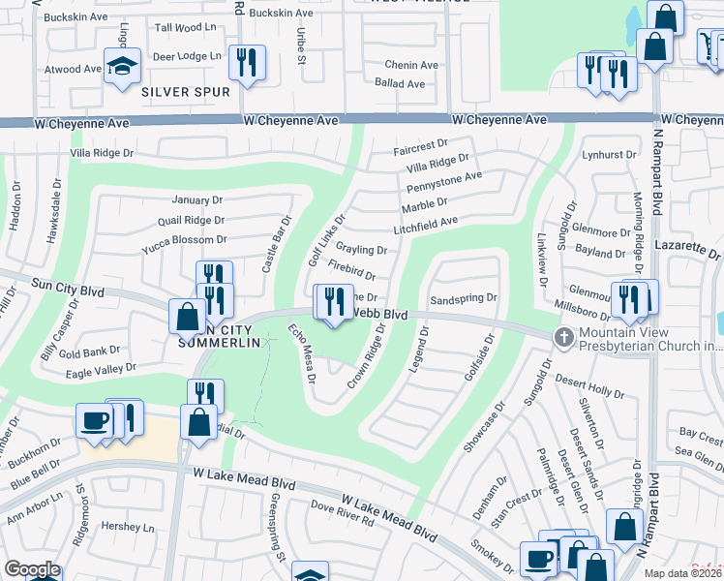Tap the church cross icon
(x=562, y=338)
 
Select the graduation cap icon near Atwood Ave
(x=123, y=66)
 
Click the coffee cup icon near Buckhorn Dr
(x=95, y=420)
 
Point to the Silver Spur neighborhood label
(x=185, y=92)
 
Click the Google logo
(x=31, y=569)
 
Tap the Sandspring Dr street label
(x=463, y=299)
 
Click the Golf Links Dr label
(x=326, y=241)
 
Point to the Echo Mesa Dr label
(x=301, y=353)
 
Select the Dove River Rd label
(x=343, y=513)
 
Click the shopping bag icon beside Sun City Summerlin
(x=187, y=317)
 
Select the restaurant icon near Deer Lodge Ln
(x=246, y=63)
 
